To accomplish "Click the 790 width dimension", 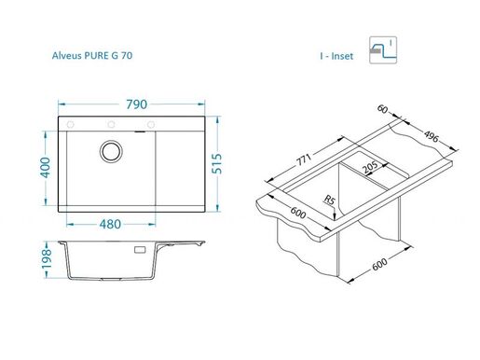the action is click(136, 104).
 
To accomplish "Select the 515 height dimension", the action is click(217, 163).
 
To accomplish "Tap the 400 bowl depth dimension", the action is click(46, 168).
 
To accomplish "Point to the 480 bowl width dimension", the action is click(110, 224).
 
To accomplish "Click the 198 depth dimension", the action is click(47, 259).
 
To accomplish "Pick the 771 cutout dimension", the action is click(303, 160).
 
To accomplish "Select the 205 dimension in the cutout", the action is click(370, 167).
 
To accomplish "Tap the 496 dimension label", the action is click(432, 136).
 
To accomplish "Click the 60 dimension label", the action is click(382, 109).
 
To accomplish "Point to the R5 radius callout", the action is click(329, 200).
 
